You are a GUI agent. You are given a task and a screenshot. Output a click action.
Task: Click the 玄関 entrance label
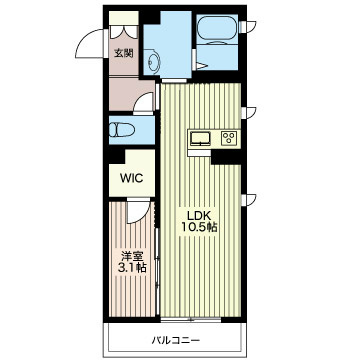(x=122, y=53)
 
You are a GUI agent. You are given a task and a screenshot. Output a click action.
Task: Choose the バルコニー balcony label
(x=173, y=340)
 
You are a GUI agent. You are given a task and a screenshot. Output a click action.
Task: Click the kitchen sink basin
(x=199, y=138)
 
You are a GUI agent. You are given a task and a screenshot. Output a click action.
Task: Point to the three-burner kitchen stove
(x=228, y=138)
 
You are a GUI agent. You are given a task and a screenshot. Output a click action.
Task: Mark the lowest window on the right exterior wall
(x=251, y=200)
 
